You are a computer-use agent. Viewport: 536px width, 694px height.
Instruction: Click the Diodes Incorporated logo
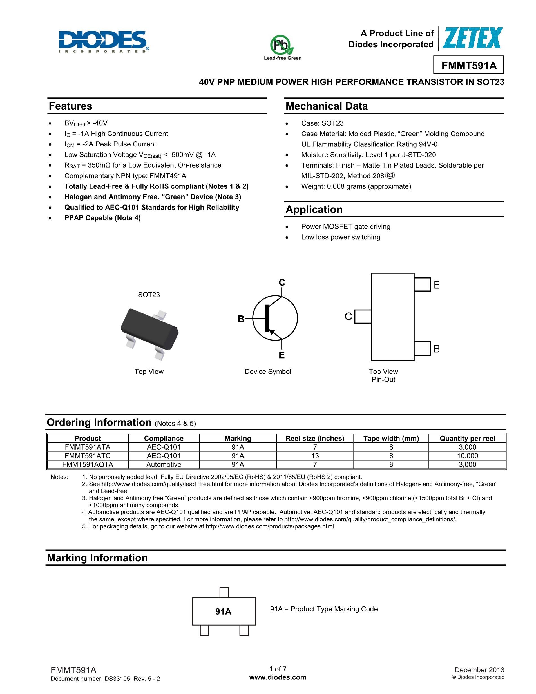click(x=104, y=41)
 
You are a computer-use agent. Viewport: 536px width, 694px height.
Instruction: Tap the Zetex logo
click(x=473, y=38)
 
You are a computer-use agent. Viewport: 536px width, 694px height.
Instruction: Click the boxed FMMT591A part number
click(x=468, y=65)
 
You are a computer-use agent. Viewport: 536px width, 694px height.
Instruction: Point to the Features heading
click(x=70, y=106)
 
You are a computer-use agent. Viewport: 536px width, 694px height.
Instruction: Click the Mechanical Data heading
click(x=327, y=106)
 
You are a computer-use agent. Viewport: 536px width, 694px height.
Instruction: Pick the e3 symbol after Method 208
click(x=390, y=175)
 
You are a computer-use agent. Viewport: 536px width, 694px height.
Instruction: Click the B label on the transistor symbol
click(x=241, y=319)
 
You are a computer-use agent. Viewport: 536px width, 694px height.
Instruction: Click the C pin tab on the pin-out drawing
click(x=363, y=317)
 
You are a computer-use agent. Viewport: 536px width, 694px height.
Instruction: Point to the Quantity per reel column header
click(x=467, y=439)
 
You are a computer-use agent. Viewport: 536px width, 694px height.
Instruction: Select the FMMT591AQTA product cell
click(x=88, y=464)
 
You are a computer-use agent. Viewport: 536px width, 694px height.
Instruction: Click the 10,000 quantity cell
click(x=467, y=456)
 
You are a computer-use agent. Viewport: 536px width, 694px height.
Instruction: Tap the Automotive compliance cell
click(x=164, y=464)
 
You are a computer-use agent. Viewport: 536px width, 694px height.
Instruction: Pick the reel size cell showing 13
click(x=315, y=456)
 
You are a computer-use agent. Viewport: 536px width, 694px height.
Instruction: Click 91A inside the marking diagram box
click(x=223, y=612)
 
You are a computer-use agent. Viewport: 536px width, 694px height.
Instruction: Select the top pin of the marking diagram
click(x=224, y=592)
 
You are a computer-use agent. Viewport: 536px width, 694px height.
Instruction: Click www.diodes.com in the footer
click(x=278, y=677)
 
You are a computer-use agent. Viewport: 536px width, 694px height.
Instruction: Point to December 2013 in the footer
click(x=479, y=670)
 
